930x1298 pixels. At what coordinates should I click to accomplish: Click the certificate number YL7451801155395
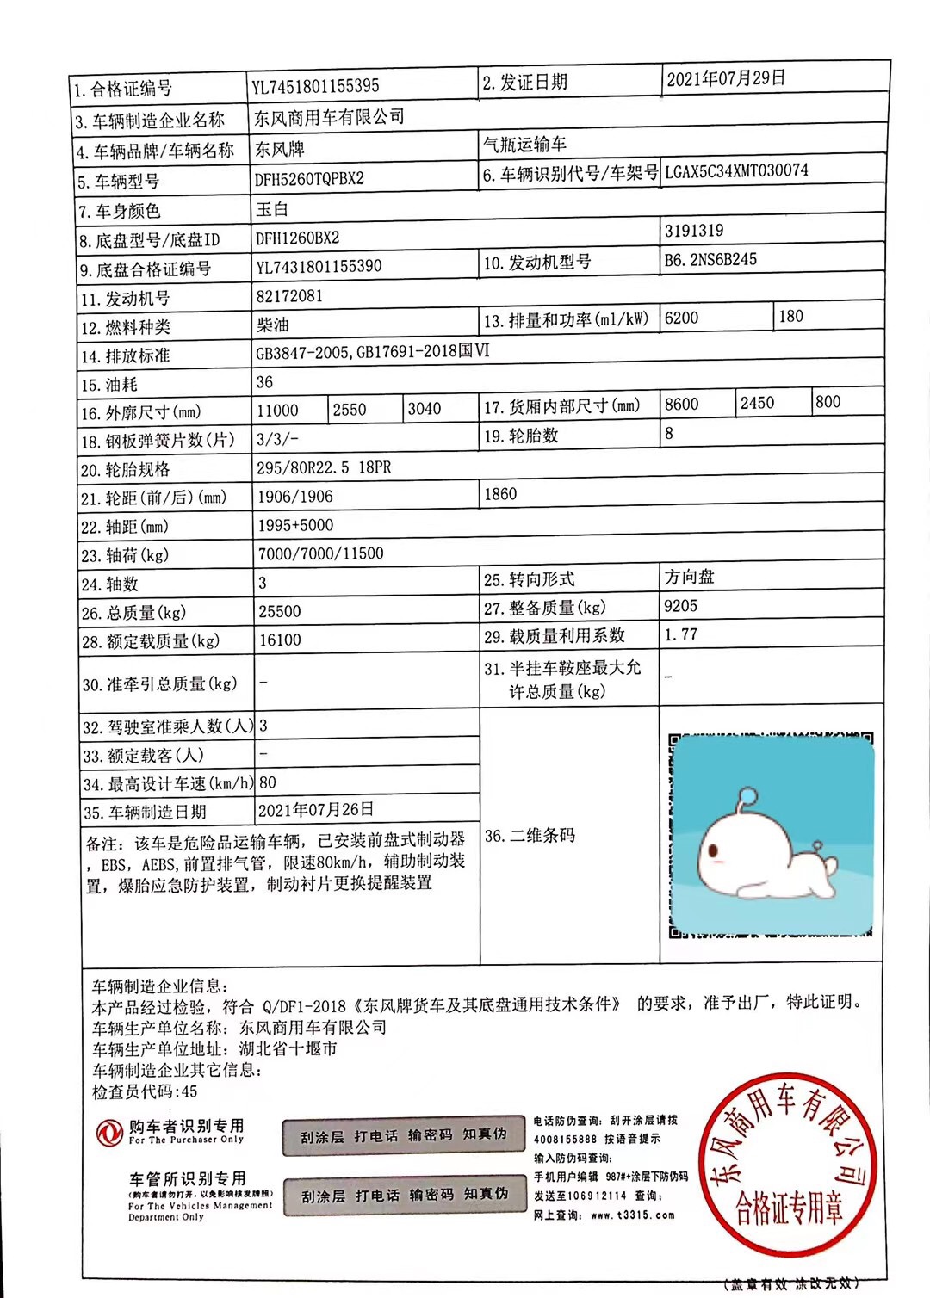click(x=315, y=86)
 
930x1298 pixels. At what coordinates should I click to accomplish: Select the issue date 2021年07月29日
click(x=725, y=78)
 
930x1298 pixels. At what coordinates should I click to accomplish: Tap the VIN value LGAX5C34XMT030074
click(x=736, y=170)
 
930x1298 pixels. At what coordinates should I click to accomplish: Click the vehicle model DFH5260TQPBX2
click(x=309, y=179)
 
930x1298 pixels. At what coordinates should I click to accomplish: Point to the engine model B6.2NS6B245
click(x=710, y=259)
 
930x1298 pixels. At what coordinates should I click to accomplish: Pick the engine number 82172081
click(x=289, y=296)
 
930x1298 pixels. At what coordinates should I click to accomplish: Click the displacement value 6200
click(x=681, y=318)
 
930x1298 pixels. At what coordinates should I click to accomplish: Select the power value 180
click(x=790, y=316)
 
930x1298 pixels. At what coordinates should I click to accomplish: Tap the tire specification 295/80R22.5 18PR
click(x=324, y=467)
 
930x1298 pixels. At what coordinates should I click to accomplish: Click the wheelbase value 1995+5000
click(x=295, y=525)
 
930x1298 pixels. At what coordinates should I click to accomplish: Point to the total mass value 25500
click(x=280, y=611)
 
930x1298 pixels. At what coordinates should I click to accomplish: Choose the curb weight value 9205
click(x=680, y=606)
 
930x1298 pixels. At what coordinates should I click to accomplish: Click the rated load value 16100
click(x=280, y=640)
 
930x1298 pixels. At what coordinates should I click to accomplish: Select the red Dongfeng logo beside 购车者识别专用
click(x=109, y=1132)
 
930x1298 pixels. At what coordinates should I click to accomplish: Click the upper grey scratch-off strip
click(x=403, y=1136)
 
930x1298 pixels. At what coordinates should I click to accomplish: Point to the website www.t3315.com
click(x=633, y=1215)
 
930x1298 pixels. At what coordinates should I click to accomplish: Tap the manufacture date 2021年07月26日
click(x=316, y=809)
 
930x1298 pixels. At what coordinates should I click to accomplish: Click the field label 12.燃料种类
click(x=126, y=327)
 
